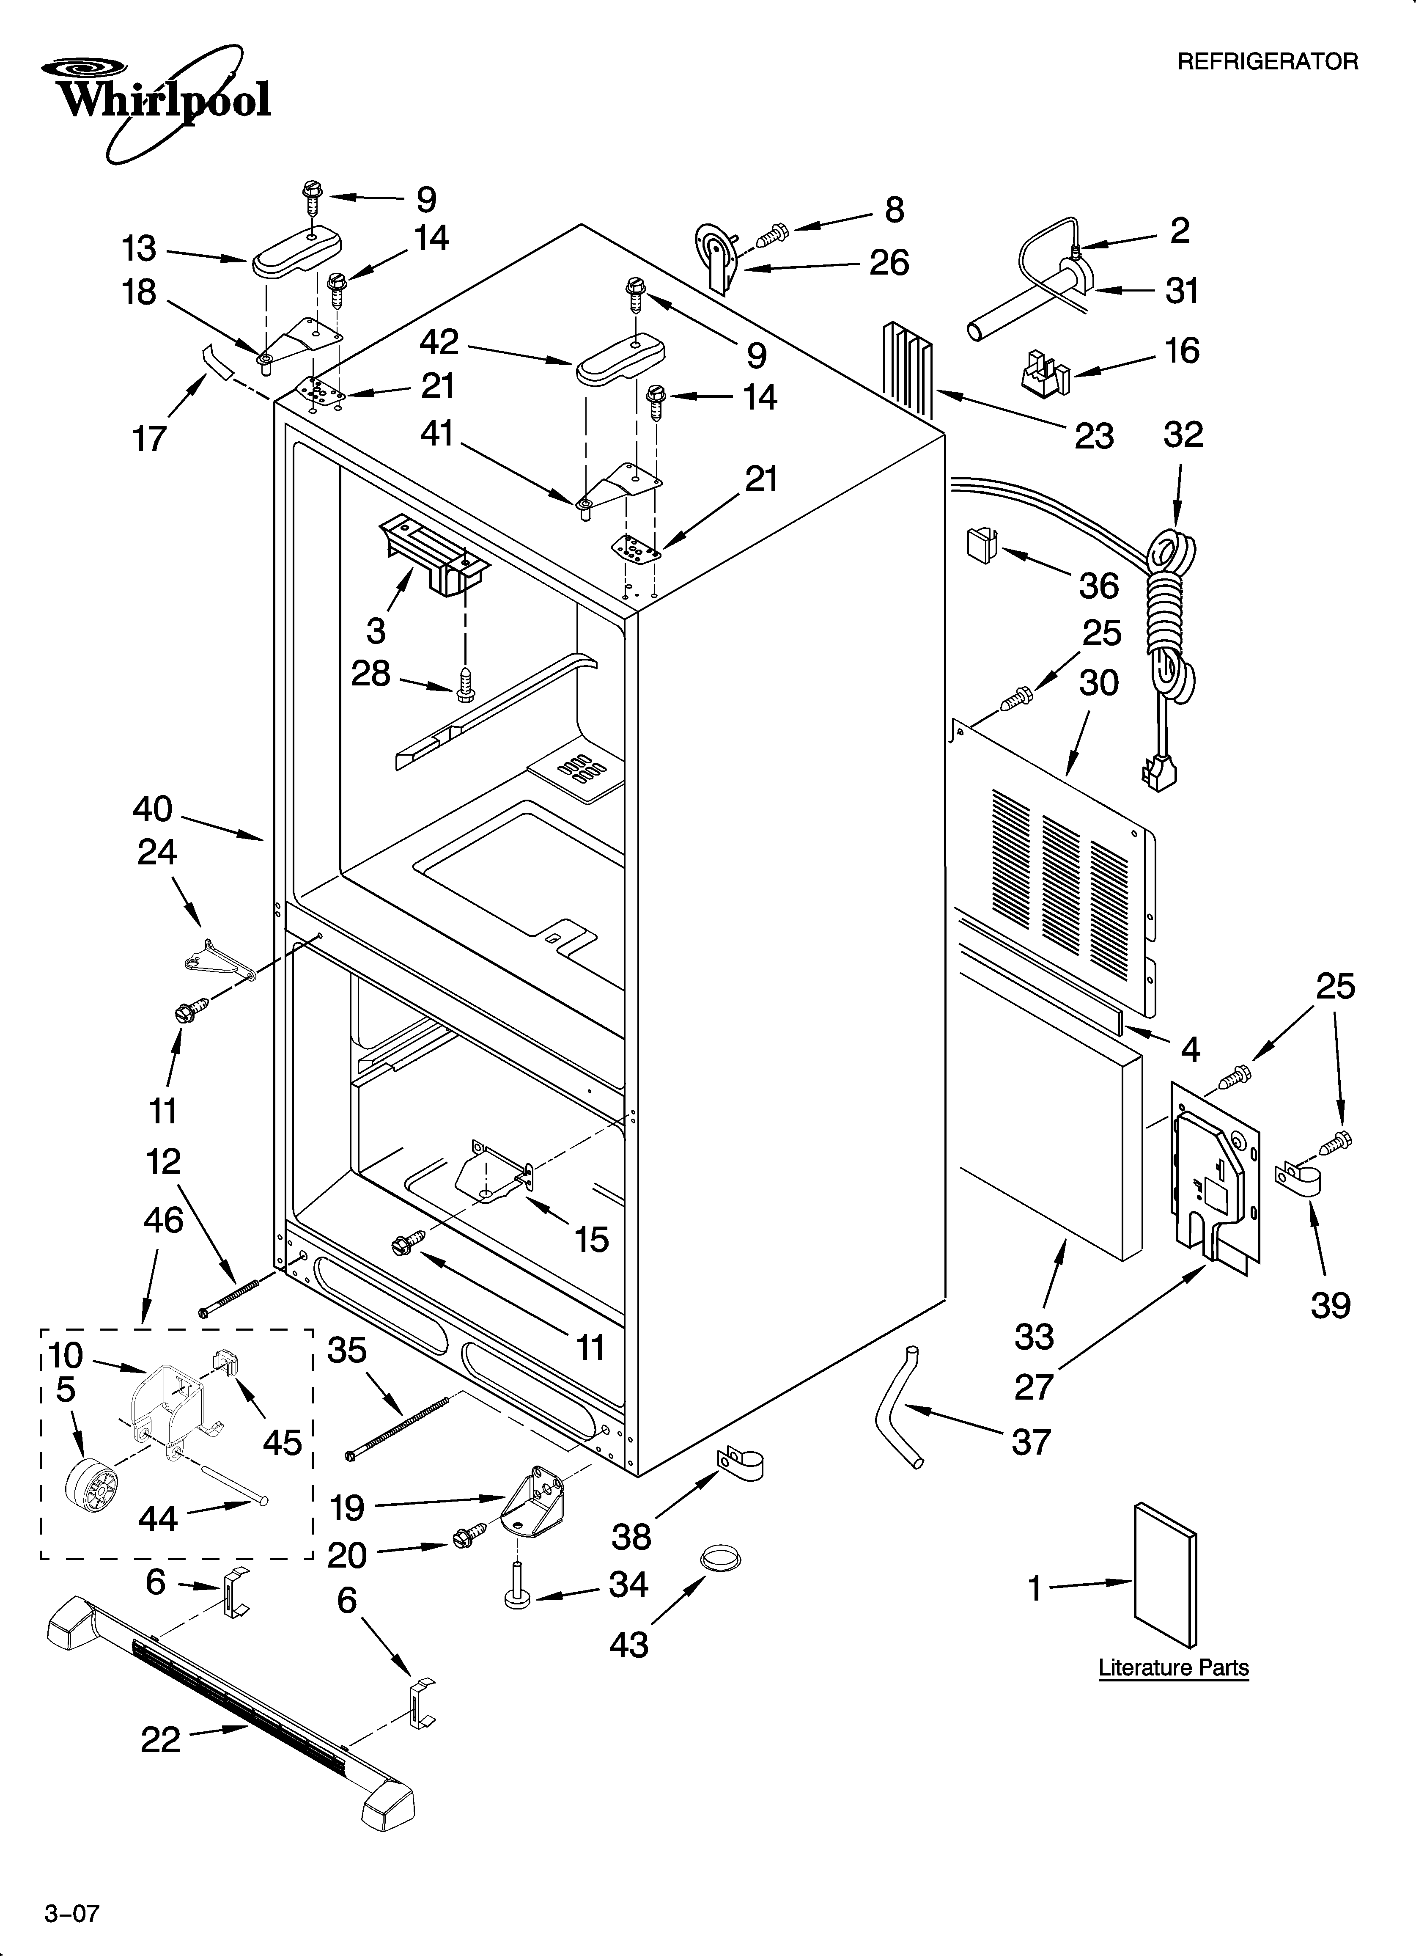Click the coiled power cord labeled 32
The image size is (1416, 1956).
pos(1169,604)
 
